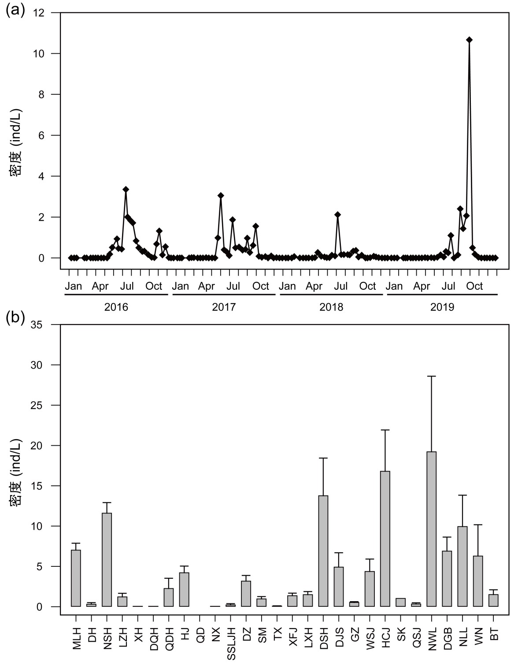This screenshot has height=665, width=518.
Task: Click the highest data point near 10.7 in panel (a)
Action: (469, 40)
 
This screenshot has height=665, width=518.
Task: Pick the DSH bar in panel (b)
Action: (323, 551)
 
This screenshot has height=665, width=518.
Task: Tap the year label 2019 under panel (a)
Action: (442, 307)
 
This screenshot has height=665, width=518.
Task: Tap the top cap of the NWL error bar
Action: (432, 376)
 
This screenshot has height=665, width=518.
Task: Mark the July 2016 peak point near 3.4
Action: (126, 189)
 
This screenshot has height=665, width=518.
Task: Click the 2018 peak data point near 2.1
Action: (337, 214)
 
